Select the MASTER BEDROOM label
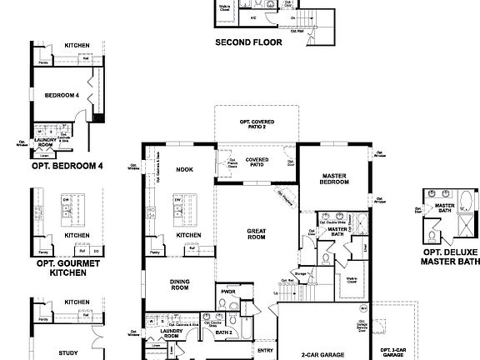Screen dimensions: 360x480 tap(334, 178)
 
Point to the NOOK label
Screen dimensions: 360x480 tap(184, 169)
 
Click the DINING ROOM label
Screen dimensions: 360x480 tap(179, 285)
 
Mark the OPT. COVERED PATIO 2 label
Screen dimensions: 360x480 tap(257, 126)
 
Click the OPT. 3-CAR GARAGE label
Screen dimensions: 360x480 tap(394, 352)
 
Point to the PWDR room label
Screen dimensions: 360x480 tap(226, 292)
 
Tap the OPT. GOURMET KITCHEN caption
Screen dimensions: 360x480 tap(68, 267)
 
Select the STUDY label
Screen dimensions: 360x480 tap(68, 352)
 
